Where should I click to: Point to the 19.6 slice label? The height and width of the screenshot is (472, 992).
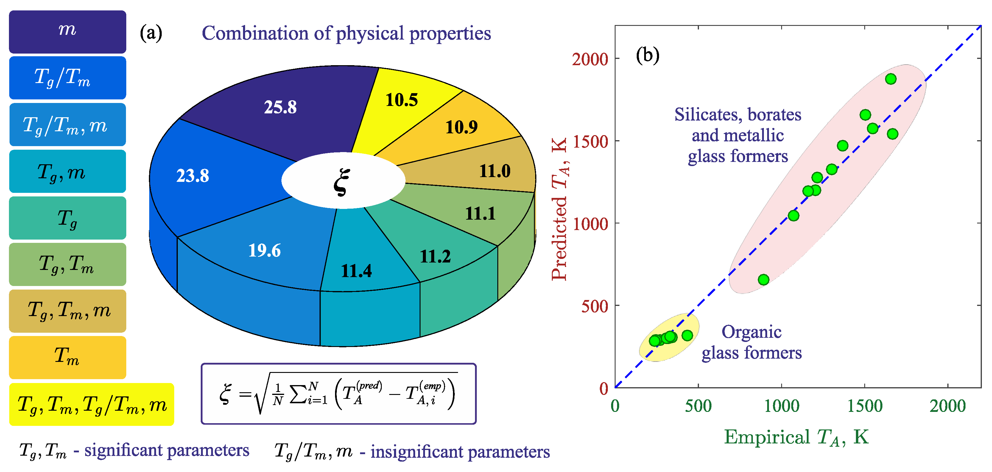pos(264,250)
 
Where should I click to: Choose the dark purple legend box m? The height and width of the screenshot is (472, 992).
pos(67,32)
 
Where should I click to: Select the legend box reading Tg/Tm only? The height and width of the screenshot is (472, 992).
pos(67,78)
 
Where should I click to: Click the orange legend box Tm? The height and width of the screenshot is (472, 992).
pos(67,357)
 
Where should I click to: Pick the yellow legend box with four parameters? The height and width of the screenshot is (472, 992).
pos(91,404)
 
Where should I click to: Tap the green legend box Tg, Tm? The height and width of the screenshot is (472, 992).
pos(67,264)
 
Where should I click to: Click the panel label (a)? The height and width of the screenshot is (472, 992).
pos(151,33)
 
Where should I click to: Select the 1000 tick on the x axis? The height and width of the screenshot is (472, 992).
pos(781,406)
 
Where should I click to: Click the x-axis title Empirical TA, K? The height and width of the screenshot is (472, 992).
pos(796,437)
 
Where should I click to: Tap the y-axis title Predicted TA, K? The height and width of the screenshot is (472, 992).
pos(560,210)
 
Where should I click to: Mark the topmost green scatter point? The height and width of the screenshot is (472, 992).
pos(890,79)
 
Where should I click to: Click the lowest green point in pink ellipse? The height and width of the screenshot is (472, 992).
pos(763,280)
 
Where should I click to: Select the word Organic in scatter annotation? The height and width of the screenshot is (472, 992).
pos(751,332)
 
